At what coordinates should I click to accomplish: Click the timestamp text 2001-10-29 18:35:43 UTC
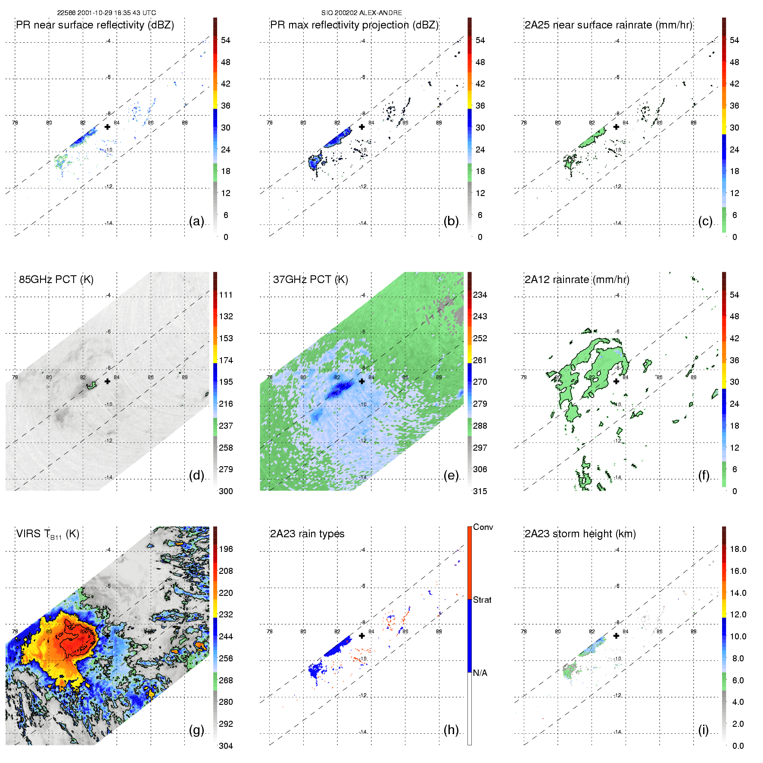click(x=116, y=13)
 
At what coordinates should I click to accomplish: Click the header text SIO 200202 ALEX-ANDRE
click(x=361, y=13)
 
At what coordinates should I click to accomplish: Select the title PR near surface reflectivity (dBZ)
click(x=95, y=25)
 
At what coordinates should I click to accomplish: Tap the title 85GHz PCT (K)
click(x=56, y=280)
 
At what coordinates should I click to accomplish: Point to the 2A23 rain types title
click(x=307, y=534)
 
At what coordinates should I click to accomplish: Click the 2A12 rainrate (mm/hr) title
click(x=577, y=280)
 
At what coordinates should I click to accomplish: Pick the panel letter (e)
click(x=451, y=475)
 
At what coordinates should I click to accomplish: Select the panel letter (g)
click(x=196, y=730)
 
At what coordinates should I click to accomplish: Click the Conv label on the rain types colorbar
click(x=483, y=527)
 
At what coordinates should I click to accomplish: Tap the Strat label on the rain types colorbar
click(x=482, y=600)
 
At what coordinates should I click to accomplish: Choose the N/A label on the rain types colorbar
click(x=480, y=673)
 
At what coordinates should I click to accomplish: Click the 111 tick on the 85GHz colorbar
click(x=226, y=295)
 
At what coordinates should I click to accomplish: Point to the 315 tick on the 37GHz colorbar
click(x=480, y=491)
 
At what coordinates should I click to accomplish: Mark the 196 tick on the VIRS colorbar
click(x=226, y=549)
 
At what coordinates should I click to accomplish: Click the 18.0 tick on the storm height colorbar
click(x=738, y=549)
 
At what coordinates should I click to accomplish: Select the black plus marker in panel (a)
click(x=107, y=127)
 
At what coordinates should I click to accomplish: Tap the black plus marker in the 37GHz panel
click(x=362, y=381)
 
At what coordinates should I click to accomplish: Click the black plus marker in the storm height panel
click(x=616, y=635)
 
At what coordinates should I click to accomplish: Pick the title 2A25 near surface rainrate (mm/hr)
click(x=608, y=25)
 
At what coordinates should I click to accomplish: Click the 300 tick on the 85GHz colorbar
click(x=226, y=491)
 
